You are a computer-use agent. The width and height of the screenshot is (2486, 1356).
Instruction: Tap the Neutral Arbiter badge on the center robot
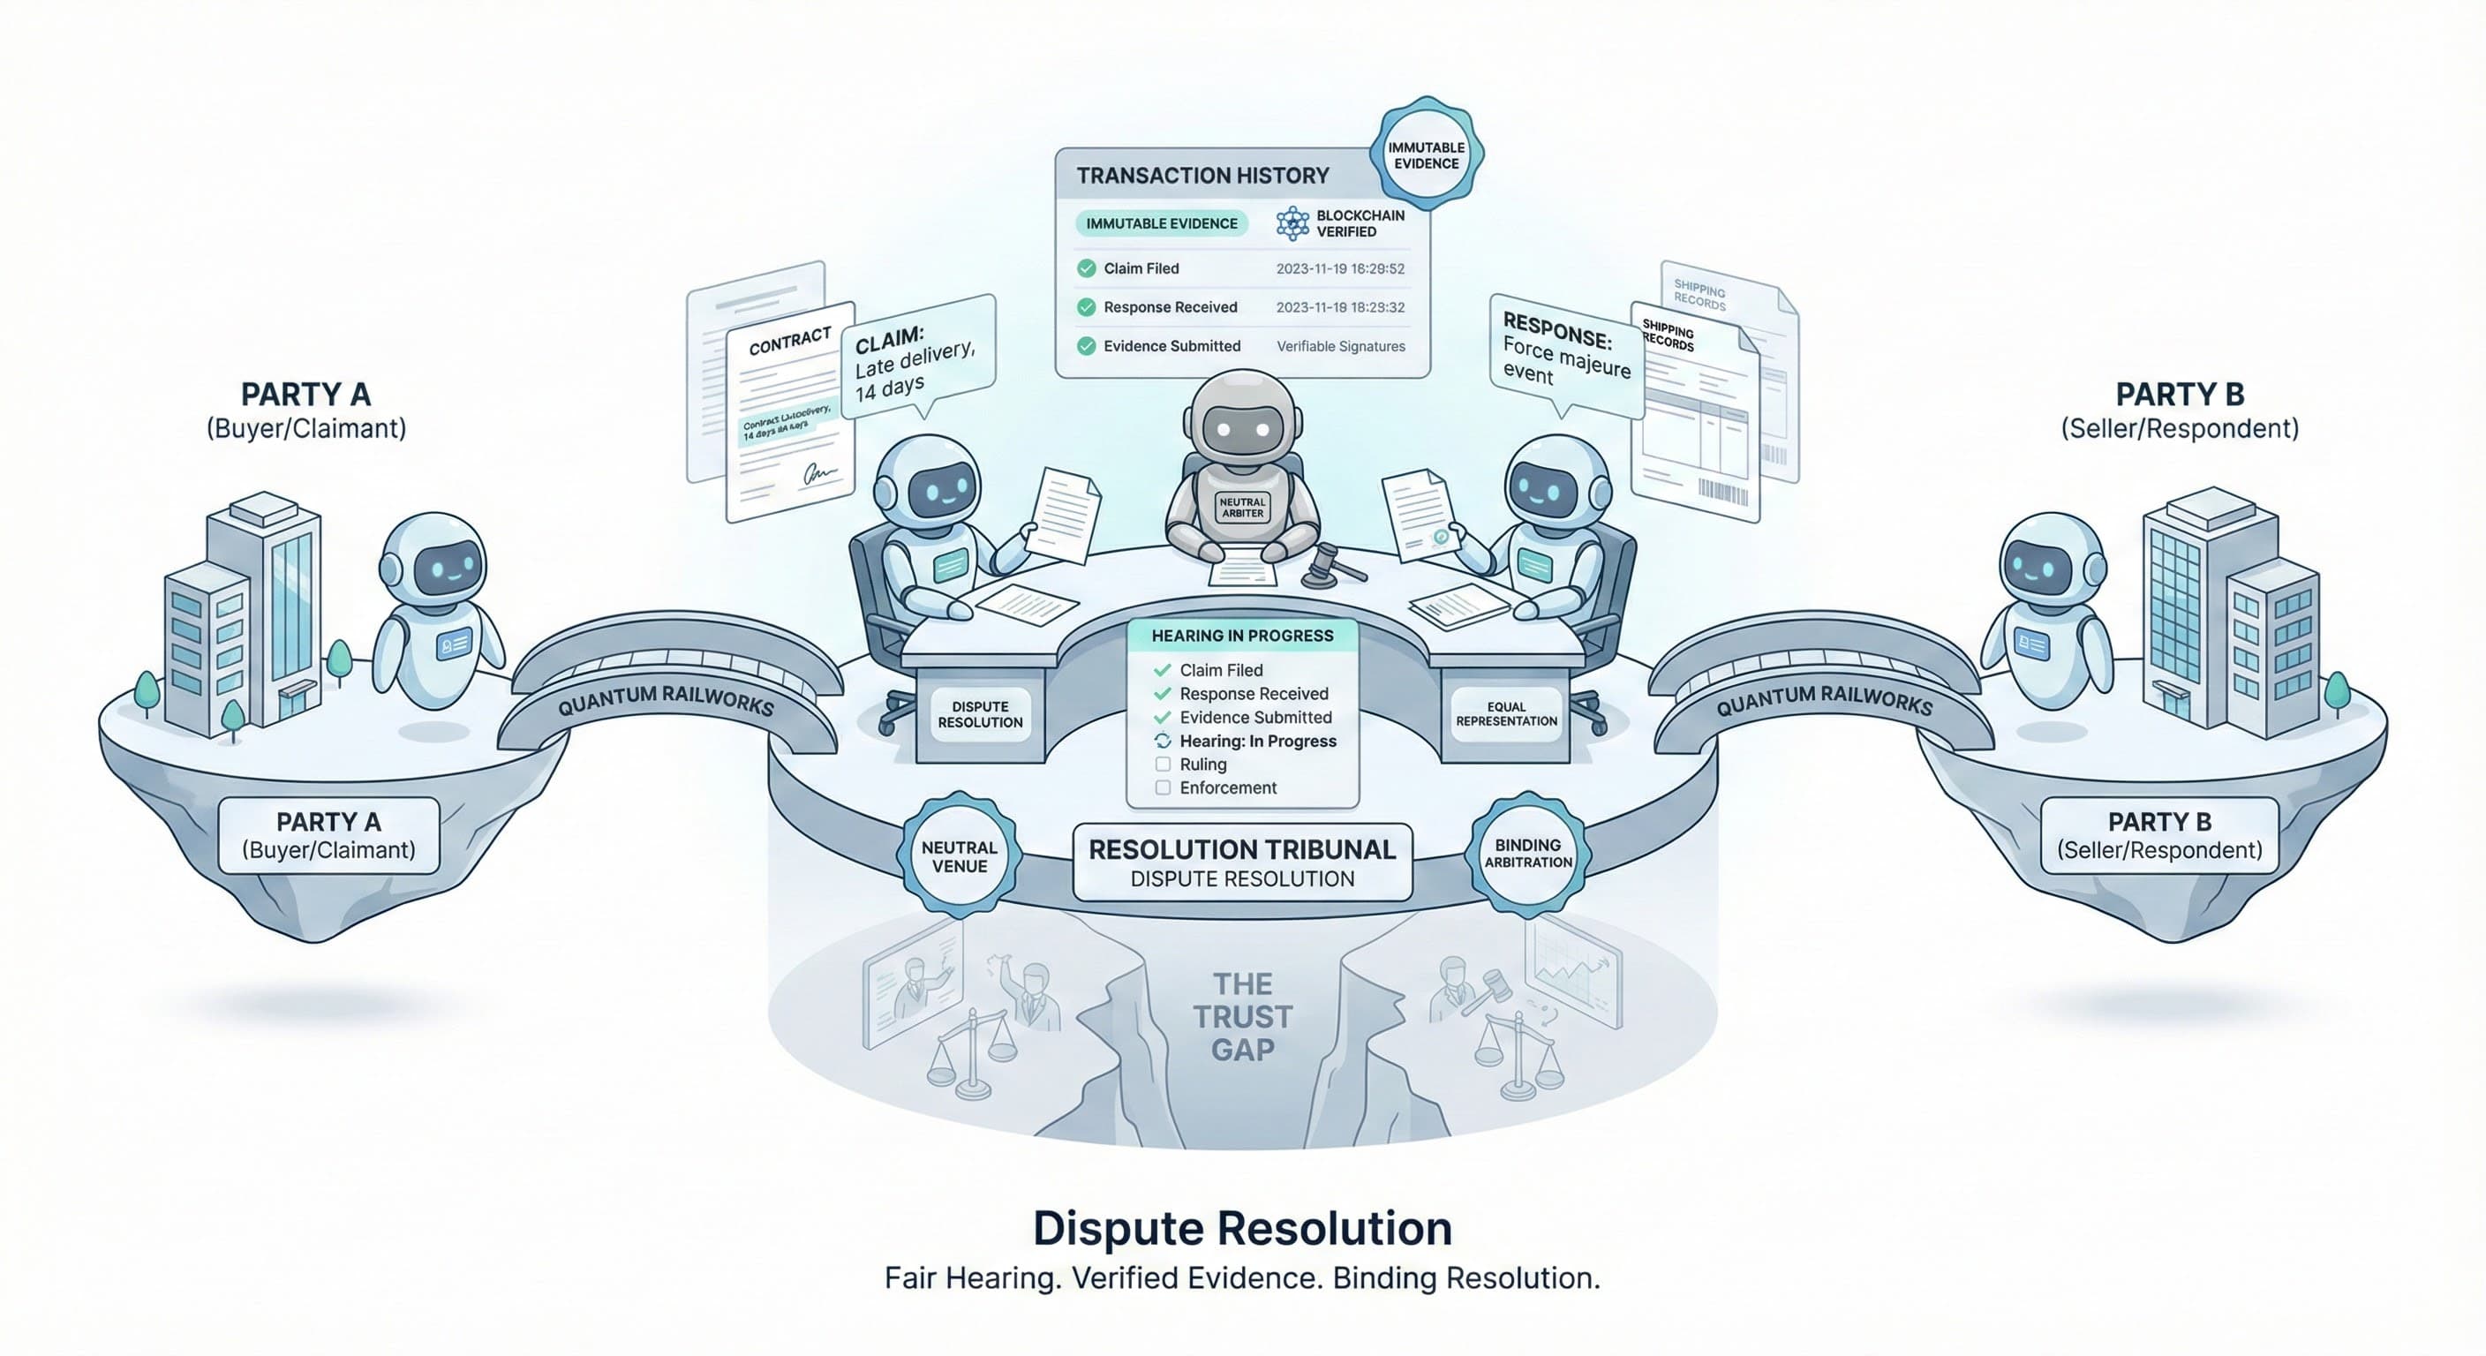click(1242, 508)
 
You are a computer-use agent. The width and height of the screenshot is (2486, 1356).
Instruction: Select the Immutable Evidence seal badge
click(1426, 155)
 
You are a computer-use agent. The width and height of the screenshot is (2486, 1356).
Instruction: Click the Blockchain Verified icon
click(1292, 223)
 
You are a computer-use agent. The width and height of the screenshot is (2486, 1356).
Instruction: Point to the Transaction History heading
click(1202, 176)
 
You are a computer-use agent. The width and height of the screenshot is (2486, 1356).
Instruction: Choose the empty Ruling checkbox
click(1163, 765)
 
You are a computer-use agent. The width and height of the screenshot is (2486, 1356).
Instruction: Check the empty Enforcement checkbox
click(1163, 787)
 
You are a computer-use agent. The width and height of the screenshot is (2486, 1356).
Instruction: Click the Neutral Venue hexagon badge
click(960, 856)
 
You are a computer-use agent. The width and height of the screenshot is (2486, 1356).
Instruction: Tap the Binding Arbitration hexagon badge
click(1527, 853)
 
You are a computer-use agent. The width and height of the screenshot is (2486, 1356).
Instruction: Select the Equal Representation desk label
click(1505, 714)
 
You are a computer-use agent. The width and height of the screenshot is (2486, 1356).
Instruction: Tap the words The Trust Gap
click(1242, 1016)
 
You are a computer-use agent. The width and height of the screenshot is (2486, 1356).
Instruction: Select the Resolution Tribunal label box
click(1242, 863)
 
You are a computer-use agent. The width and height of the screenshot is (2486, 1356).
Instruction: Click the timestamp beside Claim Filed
click(1339, 269)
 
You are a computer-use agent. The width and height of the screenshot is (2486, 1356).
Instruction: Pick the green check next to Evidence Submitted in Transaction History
click(1087, 345)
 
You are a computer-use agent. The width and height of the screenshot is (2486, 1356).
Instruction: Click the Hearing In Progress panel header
click(1242, 636)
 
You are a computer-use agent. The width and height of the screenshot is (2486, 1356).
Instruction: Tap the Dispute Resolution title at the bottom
click(1242, 1229)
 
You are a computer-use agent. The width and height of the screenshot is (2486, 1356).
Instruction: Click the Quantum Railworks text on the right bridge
click(1823, 700)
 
